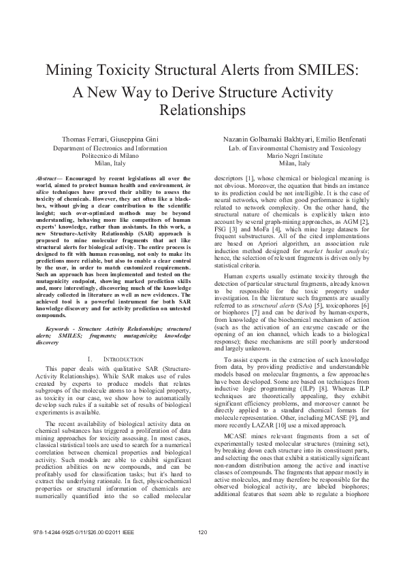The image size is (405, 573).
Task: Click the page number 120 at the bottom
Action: click(x=201, y=551)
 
